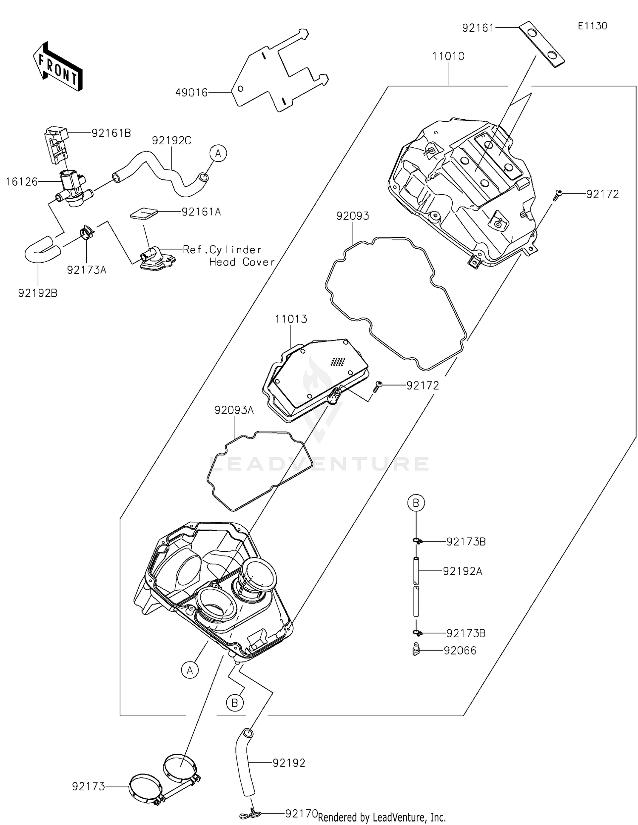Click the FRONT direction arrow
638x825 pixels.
(x=57, y=66)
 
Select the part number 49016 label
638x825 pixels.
(x=191, y=92)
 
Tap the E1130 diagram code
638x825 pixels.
(x=592, y=26)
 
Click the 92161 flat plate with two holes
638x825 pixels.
(x=541, y=44)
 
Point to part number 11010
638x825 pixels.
(x=448, y=56)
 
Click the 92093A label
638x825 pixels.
(x=234, y=410)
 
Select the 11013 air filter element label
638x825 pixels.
(x=291, y=319)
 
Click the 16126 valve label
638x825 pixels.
(x=22, y=182)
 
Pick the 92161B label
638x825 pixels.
(x=111, y=133)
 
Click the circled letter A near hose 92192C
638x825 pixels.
(x=218, y=153)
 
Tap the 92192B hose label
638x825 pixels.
(x=37, y=293)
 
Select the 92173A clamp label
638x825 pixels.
(x=86, y=270)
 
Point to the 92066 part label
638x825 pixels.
(x=460, y=650)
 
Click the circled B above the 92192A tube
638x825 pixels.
(x=416, y=503)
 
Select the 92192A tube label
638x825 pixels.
(x=462, y=571)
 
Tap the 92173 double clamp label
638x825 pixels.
(x=88, y=787)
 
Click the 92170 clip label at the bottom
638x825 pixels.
(x=301, y=814)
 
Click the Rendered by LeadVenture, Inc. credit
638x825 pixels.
(x=382, y=817)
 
